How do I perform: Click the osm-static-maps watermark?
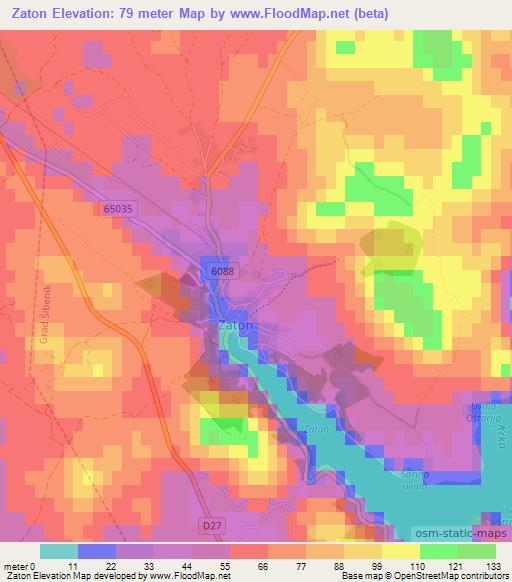(x=451, y=532)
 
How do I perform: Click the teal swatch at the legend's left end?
(x=58, y=551)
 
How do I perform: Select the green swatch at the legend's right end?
(x=477, y=551)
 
